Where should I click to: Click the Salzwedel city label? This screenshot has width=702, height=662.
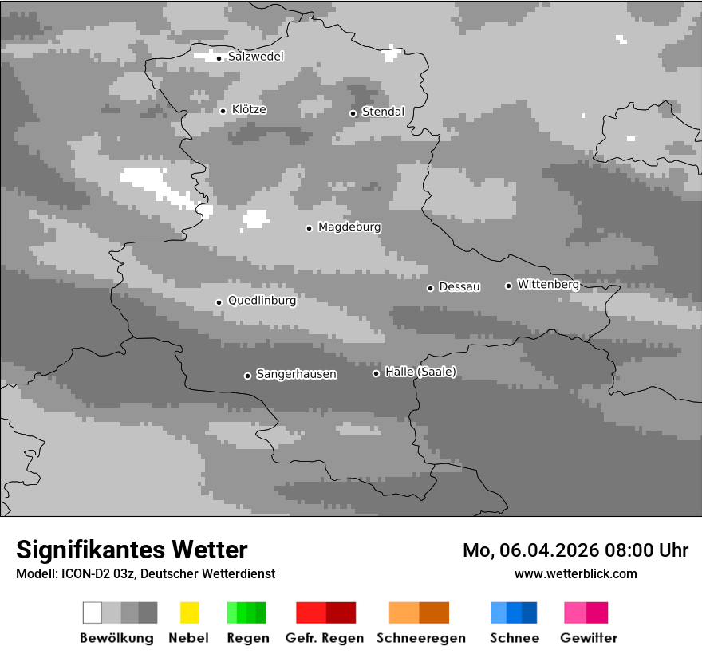[255, 57]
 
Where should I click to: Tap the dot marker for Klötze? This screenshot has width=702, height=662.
[223, 111]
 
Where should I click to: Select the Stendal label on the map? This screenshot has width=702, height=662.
[383, 112]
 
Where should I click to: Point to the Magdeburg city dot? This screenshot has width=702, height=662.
[309, 228]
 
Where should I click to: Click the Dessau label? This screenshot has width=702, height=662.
[459, 287]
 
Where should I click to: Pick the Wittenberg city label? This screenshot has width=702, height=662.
[548, 285]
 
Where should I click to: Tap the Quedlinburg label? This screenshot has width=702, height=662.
[262, 301]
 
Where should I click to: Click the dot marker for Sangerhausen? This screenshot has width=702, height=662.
[247, 376]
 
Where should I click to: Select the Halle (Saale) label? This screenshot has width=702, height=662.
[420, 372]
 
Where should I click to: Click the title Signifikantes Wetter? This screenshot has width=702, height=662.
[132, 550]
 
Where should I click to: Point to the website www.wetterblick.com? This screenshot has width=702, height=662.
[575, 573]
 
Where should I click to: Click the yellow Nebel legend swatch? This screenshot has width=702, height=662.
[189, 613]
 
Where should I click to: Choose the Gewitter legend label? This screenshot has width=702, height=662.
[589, 638]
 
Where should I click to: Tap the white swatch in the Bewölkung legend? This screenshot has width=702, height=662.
[92, 613]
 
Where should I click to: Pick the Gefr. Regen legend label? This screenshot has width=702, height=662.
[324, 638]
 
